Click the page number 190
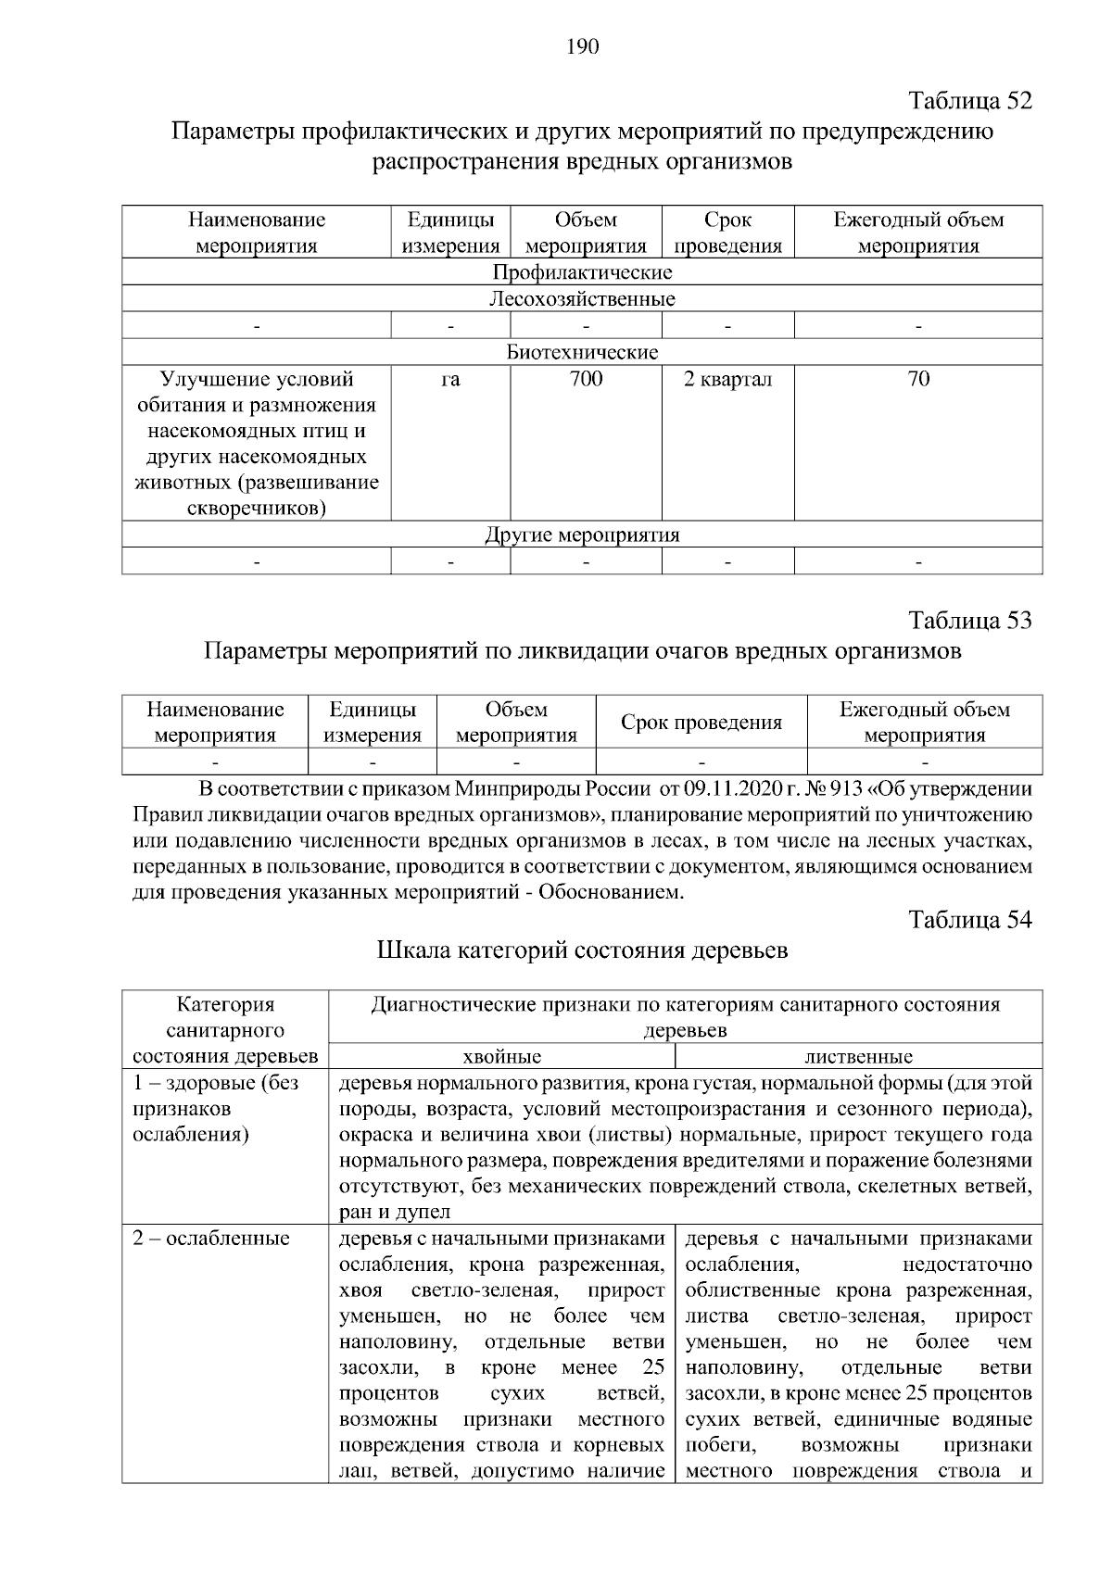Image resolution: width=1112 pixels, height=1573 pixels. [583, 47]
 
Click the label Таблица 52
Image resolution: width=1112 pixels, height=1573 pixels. [970, 100]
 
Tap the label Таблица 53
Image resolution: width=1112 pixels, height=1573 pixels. [970, 620]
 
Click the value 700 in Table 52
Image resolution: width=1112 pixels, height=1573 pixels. [586, 379]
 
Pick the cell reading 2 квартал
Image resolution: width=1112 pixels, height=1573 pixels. [727, 379]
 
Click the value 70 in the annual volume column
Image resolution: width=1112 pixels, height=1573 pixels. [918, 379]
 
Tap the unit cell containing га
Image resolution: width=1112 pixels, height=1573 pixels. [450, 379]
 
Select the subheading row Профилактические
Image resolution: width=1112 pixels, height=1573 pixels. [582, 272]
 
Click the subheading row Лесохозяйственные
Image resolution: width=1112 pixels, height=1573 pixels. [582, 299]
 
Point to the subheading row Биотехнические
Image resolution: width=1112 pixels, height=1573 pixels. [582, 352]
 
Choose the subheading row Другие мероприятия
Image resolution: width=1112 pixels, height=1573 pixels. [582, 535]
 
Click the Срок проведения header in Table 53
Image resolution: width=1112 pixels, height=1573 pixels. [701, 723]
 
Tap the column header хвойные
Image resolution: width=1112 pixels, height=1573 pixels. [501, 1057]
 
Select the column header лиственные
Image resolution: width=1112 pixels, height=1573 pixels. [858, 1057]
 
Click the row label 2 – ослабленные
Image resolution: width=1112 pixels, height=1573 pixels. [211, 1239]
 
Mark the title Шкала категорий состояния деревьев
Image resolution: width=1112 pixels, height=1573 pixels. [583, 951]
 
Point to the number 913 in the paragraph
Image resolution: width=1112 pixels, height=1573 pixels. [848, 790]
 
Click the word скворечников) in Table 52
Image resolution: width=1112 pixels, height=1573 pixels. [257, 509]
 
